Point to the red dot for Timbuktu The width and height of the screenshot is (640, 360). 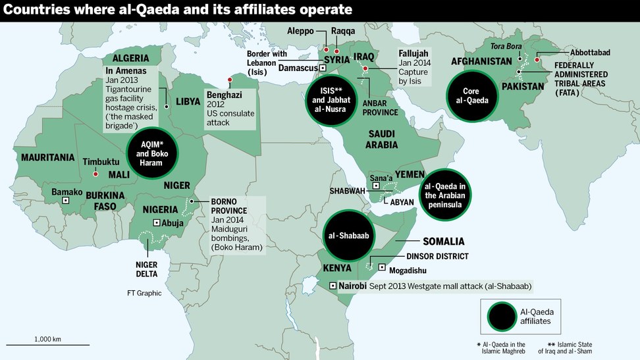click(95, 174)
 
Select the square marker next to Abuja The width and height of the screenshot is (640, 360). click(156, 223)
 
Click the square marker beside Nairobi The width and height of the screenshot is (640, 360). click(333, 286)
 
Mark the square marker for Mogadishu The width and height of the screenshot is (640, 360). click(383, 267)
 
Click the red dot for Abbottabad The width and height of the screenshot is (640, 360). click(537, 59)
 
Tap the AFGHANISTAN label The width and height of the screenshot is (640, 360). click(481, 61)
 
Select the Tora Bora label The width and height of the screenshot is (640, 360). click(505, 45)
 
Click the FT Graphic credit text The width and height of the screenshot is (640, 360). click(144, 293)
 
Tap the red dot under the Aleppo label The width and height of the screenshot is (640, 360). click(325, 49)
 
